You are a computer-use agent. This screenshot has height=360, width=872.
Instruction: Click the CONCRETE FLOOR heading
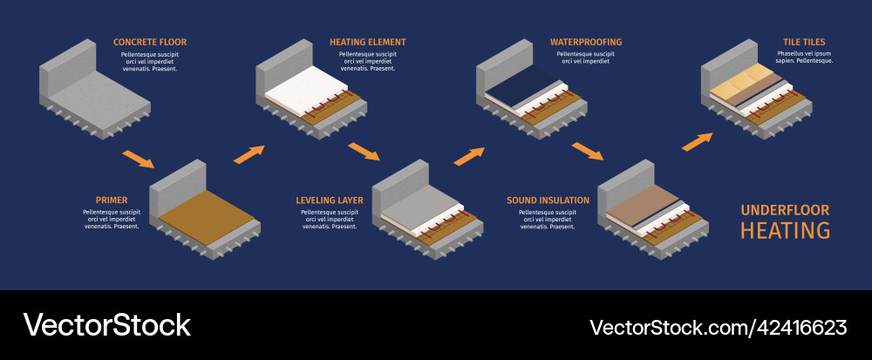(149, 42)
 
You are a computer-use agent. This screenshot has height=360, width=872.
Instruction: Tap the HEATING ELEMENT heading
(367, 42)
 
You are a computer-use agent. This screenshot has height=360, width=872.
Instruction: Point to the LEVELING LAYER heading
(330, 200)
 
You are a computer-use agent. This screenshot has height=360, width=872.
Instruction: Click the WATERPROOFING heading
(585, 42)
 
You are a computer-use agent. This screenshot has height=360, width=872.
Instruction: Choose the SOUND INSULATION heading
(548, 200)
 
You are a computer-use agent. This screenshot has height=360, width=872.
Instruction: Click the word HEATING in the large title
(785, 231)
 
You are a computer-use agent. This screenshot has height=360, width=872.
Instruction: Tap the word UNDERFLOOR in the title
(785, 210)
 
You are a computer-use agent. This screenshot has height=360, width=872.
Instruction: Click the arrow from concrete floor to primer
(139, 160)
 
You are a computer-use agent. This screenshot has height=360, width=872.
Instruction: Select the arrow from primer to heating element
(249, 154)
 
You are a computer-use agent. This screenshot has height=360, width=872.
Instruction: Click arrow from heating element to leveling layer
(364, 153)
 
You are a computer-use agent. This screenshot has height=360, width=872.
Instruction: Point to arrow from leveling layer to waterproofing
(469, 156)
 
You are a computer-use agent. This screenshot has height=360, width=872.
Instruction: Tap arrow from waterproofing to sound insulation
(588, 152)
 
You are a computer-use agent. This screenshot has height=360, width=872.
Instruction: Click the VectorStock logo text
(106, 325)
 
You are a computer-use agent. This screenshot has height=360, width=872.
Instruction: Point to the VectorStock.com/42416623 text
(718, 328)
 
